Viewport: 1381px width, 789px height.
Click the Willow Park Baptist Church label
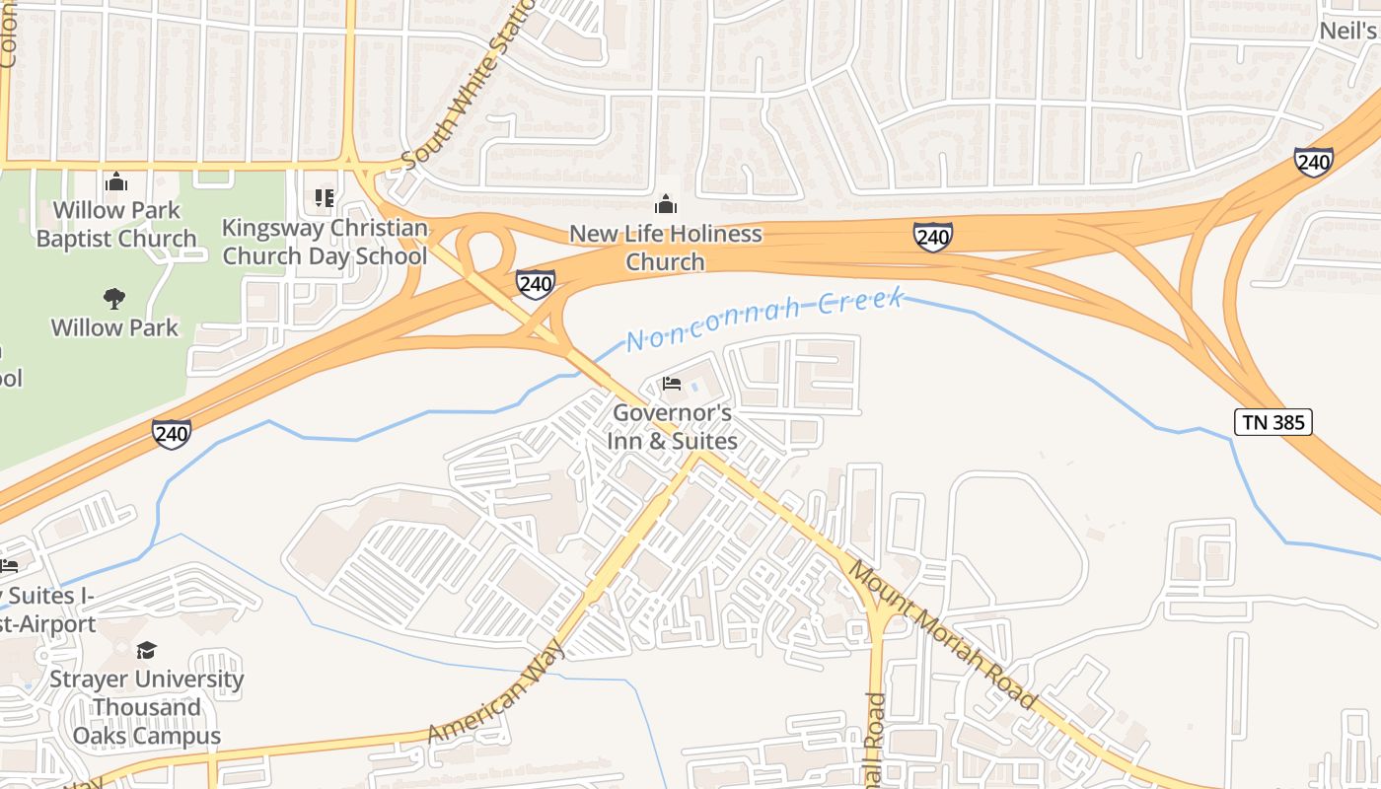116,224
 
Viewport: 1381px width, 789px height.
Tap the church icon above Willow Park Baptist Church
116,182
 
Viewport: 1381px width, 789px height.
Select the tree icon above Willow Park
114,298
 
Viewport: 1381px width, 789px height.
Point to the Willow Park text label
114,327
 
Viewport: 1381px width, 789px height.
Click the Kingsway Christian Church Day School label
325,242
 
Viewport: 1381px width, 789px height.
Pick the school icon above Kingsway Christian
325,198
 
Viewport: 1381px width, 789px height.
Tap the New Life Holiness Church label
666,248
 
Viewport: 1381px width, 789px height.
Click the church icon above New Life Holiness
666,204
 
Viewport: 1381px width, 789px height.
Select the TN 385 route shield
1272,422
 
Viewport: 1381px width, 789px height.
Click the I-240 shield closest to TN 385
1314,162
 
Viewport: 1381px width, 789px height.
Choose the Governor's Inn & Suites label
672,426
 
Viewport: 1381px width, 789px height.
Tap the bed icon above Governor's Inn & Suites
672,383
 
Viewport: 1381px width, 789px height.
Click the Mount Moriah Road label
942,635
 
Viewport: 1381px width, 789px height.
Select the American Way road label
496,692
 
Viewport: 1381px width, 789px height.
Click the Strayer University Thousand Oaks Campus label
146,707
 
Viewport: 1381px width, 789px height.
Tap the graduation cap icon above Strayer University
146,649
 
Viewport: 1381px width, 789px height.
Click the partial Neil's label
1347,31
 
